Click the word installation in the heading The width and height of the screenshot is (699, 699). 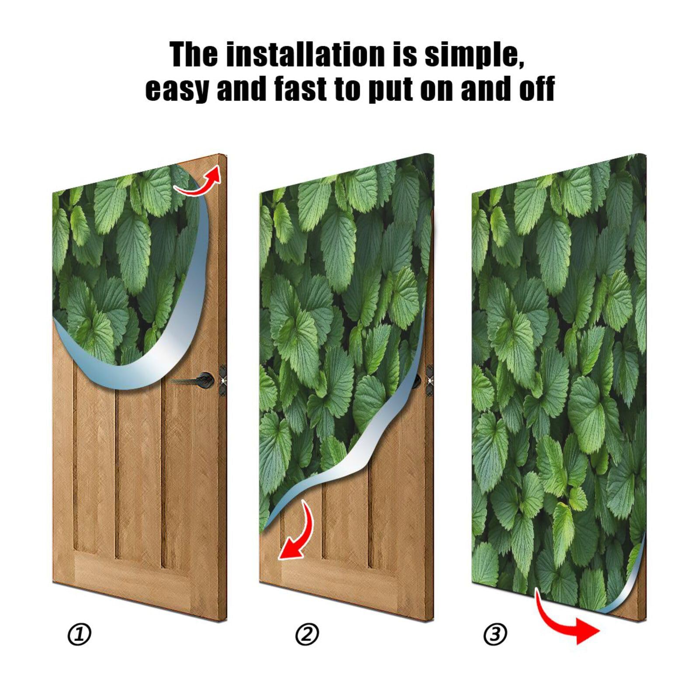(306, 55)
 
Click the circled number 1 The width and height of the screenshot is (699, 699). (79, 634)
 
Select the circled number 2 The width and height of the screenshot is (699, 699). (307, 634)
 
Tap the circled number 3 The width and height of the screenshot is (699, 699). (495, 634)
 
